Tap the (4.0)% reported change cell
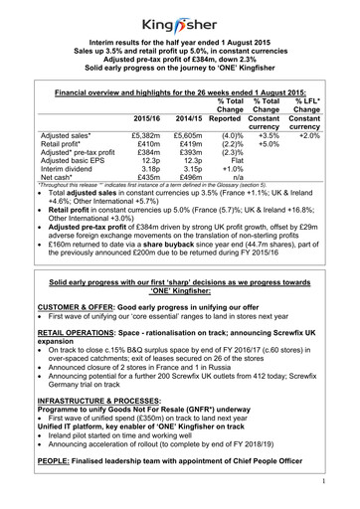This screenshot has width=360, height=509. click(x=230, y=133)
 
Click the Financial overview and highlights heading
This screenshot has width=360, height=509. click(x=179, y=89)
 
